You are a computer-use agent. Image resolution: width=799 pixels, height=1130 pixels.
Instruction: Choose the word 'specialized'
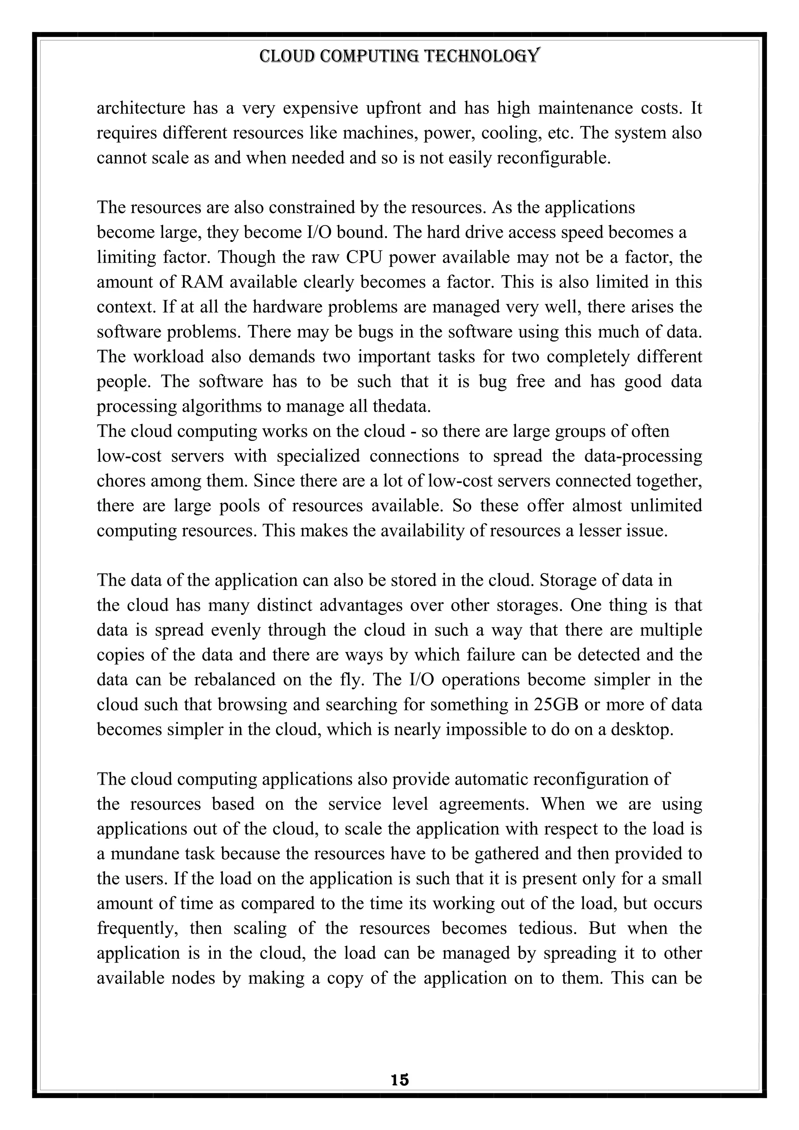coord(318,456)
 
